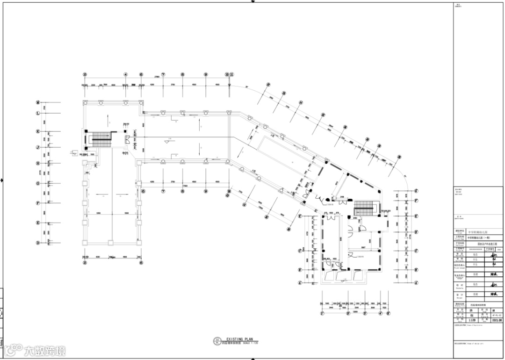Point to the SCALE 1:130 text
pyautogui.click(x=248, y=343)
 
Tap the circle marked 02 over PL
pyautogui.click(x=217, y=341)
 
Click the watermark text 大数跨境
pyautogui.click(x=45, y=350)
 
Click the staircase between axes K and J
pyautogui.click(x=101, y=137)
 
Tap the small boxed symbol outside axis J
pyautogui.click(x=74, y=151)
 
